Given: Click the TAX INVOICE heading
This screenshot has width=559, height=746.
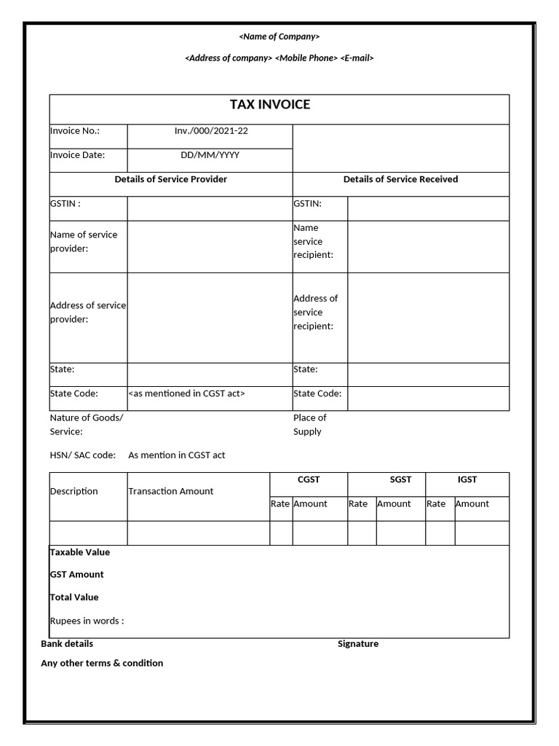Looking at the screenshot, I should point(270,105).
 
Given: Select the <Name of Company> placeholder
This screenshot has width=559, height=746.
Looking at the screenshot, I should point(279,36).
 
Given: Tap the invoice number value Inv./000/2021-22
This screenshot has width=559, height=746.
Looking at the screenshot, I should point(210,131).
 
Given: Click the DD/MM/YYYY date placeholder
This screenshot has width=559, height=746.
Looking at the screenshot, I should point(210,155).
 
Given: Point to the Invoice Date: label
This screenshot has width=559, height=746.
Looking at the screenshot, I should point(77,155).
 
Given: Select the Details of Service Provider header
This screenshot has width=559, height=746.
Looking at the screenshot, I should point(171,179).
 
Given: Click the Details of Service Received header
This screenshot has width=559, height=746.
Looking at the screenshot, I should point(400,179).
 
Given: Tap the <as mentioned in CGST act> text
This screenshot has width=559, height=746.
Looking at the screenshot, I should point(187,393).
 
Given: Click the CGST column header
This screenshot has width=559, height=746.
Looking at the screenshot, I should point(309,479).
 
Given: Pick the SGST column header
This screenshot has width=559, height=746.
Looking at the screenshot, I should point(400,479).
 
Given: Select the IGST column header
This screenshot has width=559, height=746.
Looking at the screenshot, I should point(467,479).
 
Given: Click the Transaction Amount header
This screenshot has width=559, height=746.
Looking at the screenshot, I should point(171,491).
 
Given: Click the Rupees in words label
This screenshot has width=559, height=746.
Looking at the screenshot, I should point(87,621).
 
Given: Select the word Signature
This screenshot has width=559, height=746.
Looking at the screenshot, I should point(358,644).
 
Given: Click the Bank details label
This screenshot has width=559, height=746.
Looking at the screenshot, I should point(67,644).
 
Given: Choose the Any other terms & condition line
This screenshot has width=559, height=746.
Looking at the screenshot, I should point(102,664).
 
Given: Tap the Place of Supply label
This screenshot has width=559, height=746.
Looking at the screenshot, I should point(309,425).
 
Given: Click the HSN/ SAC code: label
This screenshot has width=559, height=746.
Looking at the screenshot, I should point(83,455).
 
